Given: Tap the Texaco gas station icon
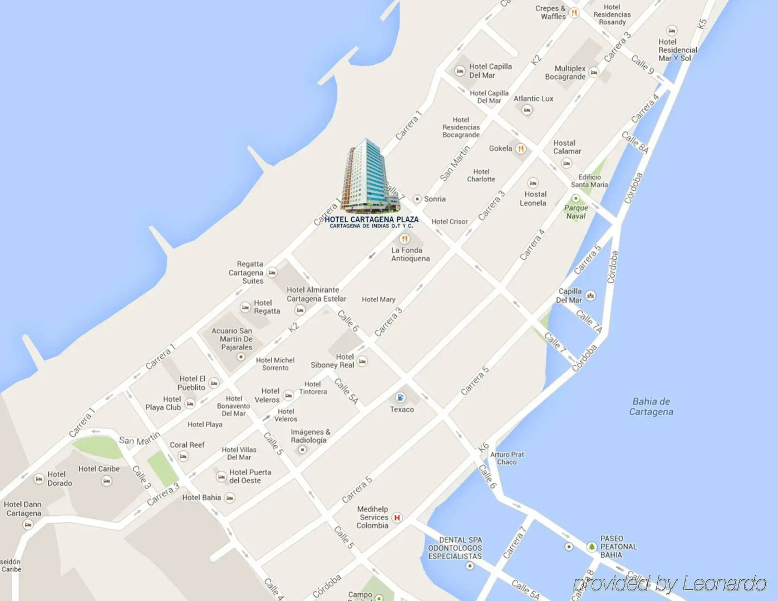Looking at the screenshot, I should [400, 397].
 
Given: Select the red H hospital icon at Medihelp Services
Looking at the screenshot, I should [397, 518].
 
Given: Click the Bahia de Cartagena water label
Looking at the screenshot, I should [651, 407].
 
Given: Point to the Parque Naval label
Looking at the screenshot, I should [576, 212].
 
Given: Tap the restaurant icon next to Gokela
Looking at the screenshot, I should [521, 149].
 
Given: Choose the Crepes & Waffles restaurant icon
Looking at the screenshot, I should [574, 13].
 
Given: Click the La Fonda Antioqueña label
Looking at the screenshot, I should [410, 254].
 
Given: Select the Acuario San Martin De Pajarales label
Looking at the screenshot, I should [233, 339].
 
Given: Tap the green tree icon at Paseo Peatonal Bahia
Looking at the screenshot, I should [592, 547].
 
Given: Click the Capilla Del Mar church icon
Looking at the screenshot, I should [590, 295].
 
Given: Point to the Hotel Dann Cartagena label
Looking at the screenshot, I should [23, 509].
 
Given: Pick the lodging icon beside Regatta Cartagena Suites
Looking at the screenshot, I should [272, 273].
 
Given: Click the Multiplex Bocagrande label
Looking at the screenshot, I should [565, 72].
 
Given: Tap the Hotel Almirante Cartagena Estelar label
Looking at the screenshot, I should [316, 294].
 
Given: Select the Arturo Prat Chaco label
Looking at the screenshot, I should [507, 458].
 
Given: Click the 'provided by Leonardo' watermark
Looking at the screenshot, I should [670, 583].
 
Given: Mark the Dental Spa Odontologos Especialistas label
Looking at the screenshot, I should [455, 548].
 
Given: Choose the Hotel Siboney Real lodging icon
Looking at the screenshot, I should [362, 361].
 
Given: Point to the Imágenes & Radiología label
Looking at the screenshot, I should [310, 436].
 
